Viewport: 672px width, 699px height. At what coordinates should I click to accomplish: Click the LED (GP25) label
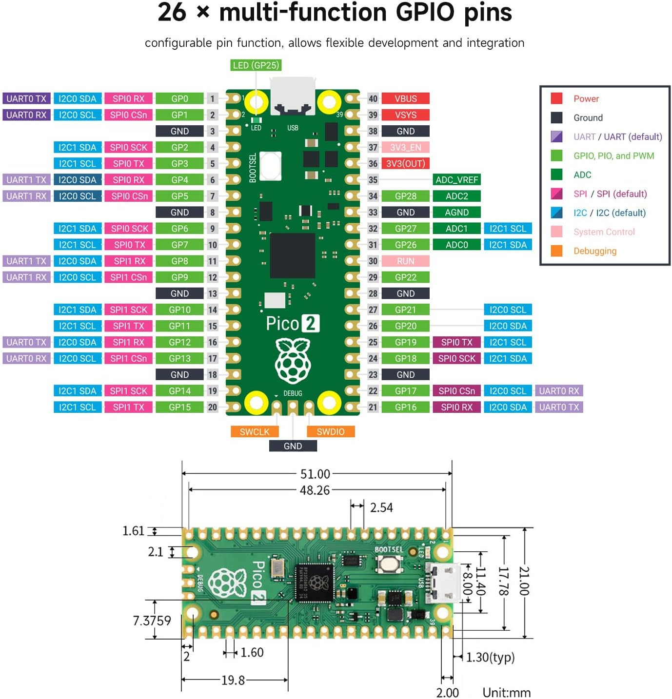(x=256, y=65)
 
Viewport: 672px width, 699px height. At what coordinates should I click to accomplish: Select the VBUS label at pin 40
(x=405, y=98)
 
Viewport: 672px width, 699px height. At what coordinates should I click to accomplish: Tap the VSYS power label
(x=405, y=115)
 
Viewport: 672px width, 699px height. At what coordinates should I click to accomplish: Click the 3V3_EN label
(x=405, y=147)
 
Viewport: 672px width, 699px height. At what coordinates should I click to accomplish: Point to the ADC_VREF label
(x=456, y=180)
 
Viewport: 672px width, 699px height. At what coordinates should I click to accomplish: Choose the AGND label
(x=456, y=213)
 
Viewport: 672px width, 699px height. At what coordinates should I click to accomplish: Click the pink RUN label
(x=405, y=261)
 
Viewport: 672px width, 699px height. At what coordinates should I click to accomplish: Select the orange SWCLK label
(x=255, y=432)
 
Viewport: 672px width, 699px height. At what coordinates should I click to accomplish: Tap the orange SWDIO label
(x=331, y=432)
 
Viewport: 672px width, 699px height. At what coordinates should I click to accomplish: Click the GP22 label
(x=405, y=277)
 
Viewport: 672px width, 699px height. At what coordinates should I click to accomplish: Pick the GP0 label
(x=179, y=98)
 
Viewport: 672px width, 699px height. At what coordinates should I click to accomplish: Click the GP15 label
(x=179, y=407)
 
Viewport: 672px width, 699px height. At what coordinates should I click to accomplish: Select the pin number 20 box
(x=213, y=407)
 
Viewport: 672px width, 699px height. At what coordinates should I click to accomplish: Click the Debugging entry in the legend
(x=595, y=251)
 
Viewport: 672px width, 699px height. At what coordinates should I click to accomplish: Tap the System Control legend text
(x=604, y=232)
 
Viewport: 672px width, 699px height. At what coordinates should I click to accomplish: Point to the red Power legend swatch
(x=556, y=98)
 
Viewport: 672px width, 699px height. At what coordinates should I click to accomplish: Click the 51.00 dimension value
(x=315, y=474)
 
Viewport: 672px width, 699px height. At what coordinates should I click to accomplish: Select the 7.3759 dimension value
(x=152, y=621)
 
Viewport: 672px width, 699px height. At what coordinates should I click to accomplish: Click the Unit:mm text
(x=506, y=692)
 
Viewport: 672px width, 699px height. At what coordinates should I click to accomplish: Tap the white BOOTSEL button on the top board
(x=271, y=166)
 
